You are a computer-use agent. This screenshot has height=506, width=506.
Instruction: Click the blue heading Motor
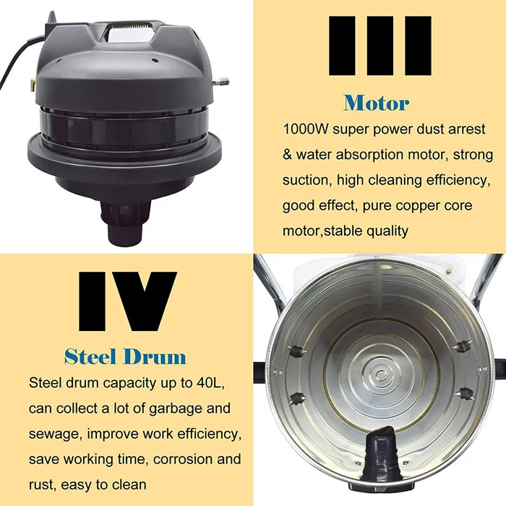pyautogui.click(x=376, y=102)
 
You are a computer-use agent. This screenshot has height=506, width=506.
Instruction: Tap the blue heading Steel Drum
pyautogui.click(x=124, y=356)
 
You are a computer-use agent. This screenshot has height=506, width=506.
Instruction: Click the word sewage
pyautogui.click(x=56, y=433)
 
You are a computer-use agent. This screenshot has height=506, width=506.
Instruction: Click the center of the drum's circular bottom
pyautogui.click(x=379, y=361)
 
